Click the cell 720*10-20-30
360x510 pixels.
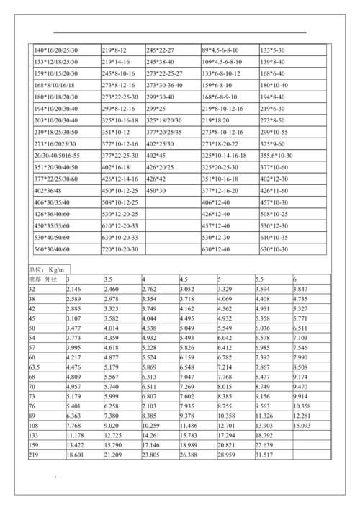[x=120, y=249]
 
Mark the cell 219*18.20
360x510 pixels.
[x=216, y=120]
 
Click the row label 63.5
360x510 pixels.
[x=34, y=367]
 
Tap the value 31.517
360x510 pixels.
[x=266, y=456]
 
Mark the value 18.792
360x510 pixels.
[x=266, y=436]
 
